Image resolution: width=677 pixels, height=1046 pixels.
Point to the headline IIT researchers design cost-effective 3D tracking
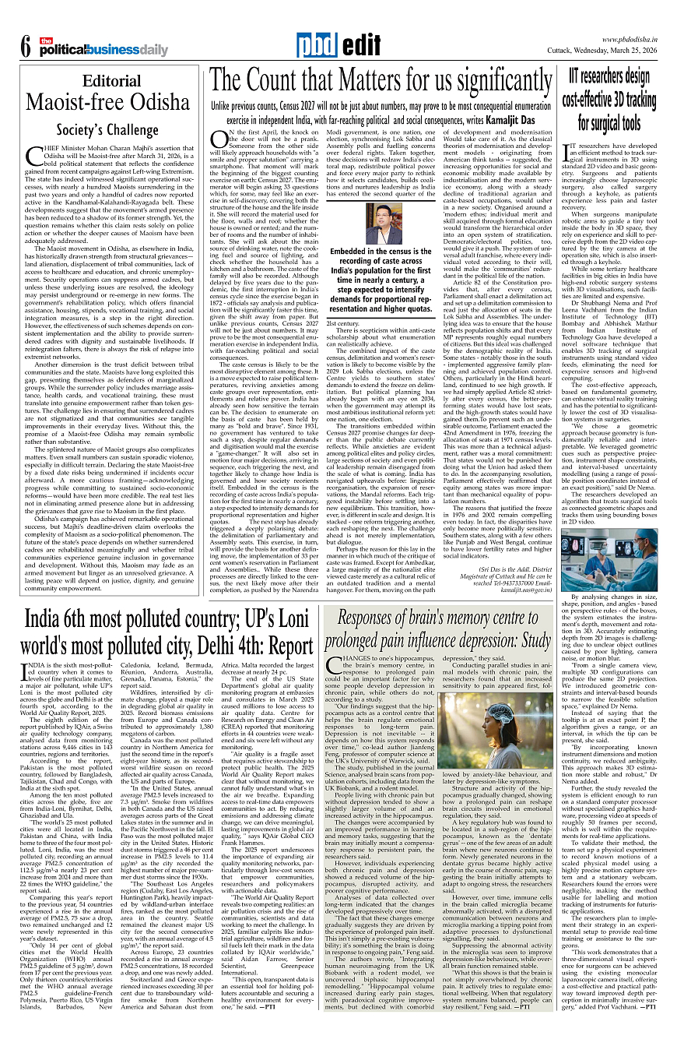pos(609,100)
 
